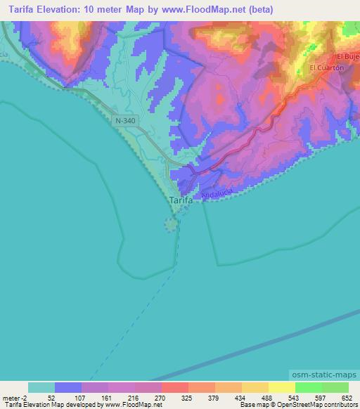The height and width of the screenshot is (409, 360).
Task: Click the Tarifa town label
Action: pyautogui.click(x=181, y=200)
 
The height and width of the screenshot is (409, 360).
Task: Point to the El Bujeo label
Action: pyautogui.click(x=348, y=56)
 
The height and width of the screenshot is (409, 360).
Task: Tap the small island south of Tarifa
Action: pyautogui.click(x=171, y=225)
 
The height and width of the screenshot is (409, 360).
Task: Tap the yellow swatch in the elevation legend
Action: pyautogui.click(x=282, y=387)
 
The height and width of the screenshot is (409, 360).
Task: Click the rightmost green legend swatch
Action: pyautogui.click(x=335, y=387)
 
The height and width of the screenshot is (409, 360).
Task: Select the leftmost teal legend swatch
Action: pyautogui.click(x=41, y=387)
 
